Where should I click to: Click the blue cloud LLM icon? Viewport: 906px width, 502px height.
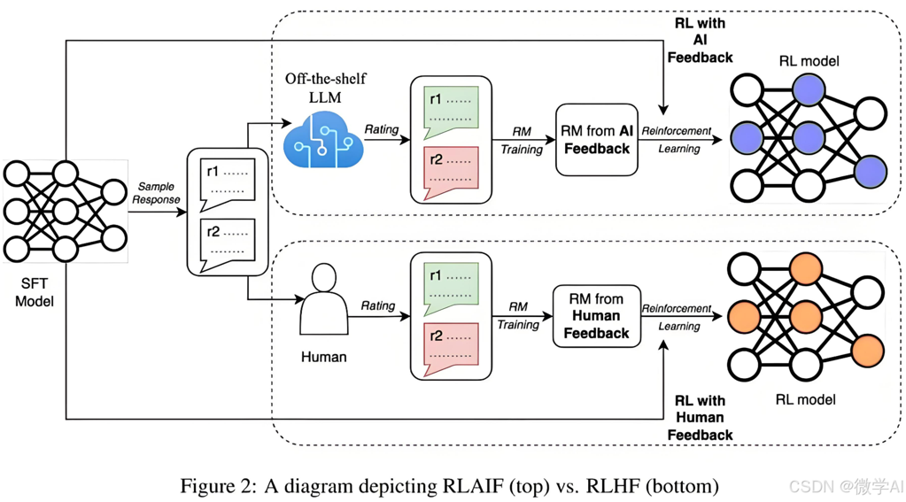[x=323, y=142]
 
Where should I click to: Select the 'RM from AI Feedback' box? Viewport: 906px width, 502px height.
[x=597, y=140]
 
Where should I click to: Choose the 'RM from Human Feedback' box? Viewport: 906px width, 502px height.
[x=596, y=316]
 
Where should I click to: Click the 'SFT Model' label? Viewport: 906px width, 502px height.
[x=35, y=291]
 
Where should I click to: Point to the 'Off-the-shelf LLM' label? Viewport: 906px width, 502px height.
[x=325, y=88]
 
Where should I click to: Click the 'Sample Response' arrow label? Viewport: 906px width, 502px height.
[x=156, y=193]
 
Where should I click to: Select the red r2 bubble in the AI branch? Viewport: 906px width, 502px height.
[x=452, y=170]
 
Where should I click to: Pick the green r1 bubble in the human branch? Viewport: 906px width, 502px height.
[x=452, y=286]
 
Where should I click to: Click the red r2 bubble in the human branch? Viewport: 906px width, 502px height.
[x=452, y=346]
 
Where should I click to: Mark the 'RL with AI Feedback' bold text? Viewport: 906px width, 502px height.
[x=700, y=40]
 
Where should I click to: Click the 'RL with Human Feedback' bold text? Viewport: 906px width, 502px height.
[x=700, y=417]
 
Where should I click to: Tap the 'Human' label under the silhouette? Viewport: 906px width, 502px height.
[x=323, y=357]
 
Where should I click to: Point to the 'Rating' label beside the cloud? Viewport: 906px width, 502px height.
[x=382, y=129]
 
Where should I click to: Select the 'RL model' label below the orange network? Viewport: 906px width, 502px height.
[x=805, y=399]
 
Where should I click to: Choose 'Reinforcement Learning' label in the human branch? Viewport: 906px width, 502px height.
[x=678, y=317]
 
